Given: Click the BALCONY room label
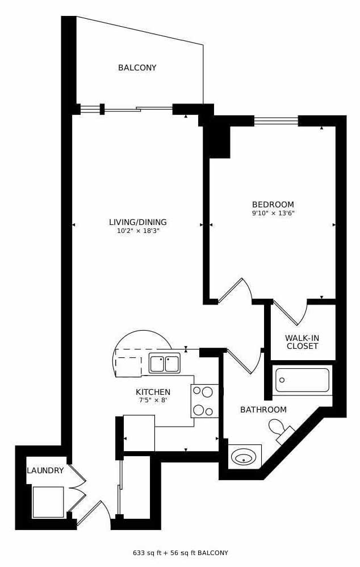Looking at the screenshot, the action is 137,68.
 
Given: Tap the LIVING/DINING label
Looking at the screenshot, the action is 138,222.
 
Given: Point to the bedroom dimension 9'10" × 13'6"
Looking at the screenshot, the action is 273,213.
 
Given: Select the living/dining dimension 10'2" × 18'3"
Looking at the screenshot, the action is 138,231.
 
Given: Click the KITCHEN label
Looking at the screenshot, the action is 153,392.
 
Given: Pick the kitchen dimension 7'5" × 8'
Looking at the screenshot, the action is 153,400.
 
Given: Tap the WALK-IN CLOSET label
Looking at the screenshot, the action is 302,342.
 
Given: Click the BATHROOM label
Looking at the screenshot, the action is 263,410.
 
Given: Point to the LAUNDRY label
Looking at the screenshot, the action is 45,470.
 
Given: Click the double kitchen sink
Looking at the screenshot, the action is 165,364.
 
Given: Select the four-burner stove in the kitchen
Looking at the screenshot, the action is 204,401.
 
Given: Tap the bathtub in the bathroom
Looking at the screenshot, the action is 302,380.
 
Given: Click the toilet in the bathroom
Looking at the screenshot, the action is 281,430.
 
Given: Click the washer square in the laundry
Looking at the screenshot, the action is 48,502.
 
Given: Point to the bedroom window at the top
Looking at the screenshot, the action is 276,120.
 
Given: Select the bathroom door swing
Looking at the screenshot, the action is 244,361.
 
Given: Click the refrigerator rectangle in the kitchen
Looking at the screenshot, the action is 139,433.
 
